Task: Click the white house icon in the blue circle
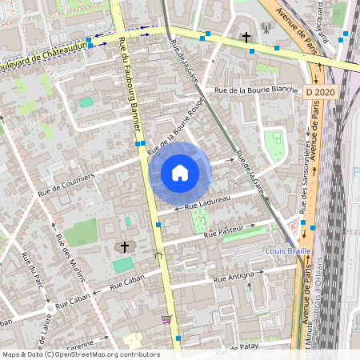click(180, 172)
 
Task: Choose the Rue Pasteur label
click(222, 234)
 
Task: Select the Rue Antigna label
click(234, 278)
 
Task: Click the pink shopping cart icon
click(166, 319)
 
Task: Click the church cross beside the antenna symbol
click(246, 37)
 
